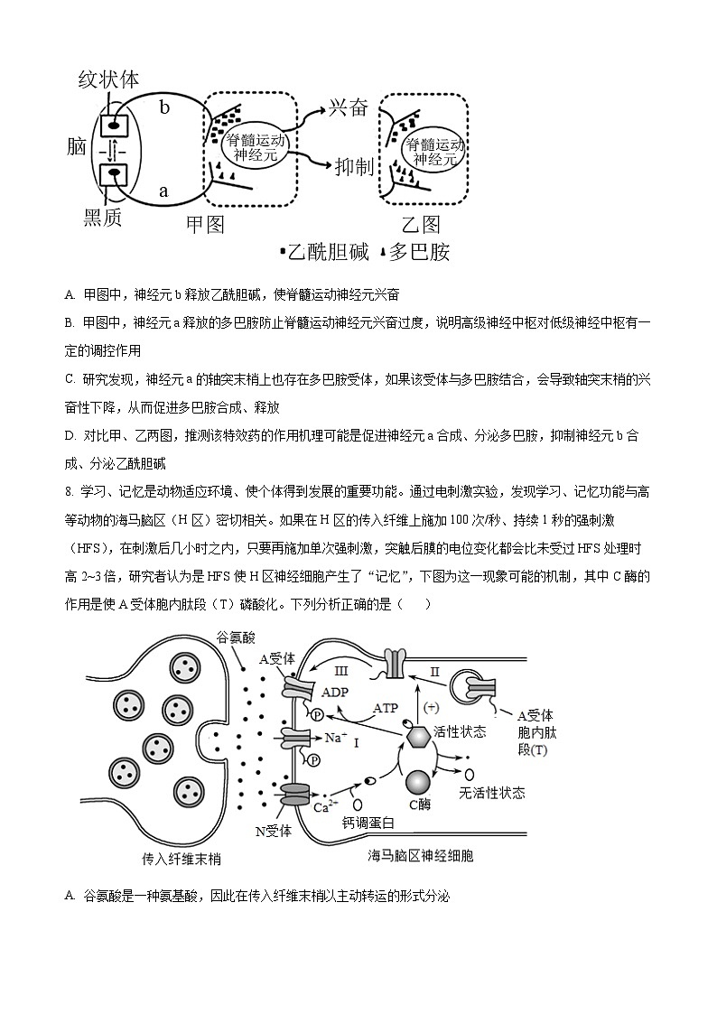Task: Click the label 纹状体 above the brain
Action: (108, 79)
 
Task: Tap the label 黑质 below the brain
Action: (102, 217)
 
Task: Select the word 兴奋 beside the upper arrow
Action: (348, 107)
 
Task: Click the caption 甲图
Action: (204, 223)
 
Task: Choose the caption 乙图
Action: (421, 223)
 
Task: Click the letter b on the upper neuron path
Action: (164, 107)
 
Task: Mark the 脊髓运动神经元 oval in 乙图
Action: (434, 151)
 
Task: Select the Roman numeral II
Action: (435, 671)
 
